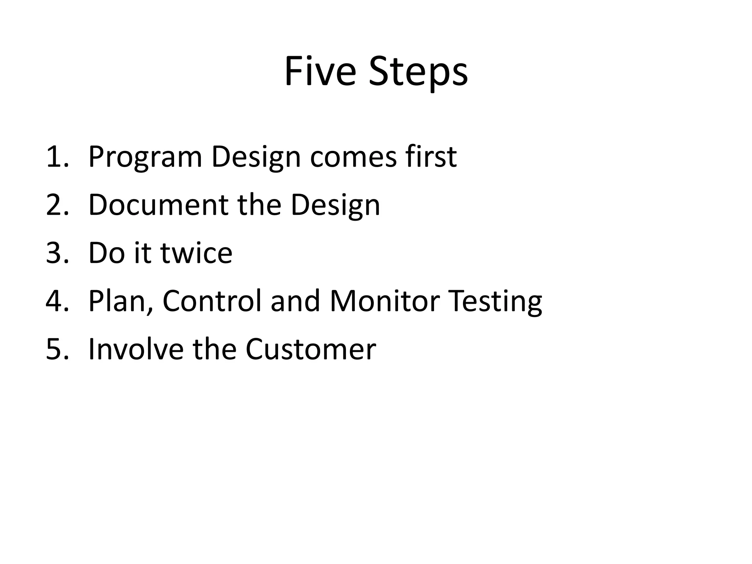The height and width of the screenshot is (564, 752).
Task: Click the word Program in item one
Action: point(145,158)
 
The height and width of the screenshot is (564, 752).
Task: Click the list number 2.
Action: point(57,205)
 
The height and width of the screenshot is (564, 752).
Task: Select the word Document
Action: point(158,205)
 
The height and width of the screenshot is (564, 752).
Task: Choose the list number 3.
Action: point(57,253)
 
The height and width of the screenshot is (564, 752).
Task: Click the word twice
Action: point(196,253)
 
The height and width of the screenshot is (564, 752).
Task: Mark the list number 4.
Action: point(57,301)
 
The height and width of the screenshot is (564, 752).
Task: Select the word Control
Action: point(212,301)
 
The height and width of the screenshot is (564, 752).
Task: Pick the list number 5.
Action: point(57,349)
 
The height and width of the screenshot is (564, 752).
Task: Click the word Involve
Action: point(136,349)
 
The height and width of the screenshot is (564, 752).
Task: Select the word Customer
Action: point(311,349)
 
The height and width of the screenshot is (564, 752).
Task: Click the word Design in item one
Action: point(256,158)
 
